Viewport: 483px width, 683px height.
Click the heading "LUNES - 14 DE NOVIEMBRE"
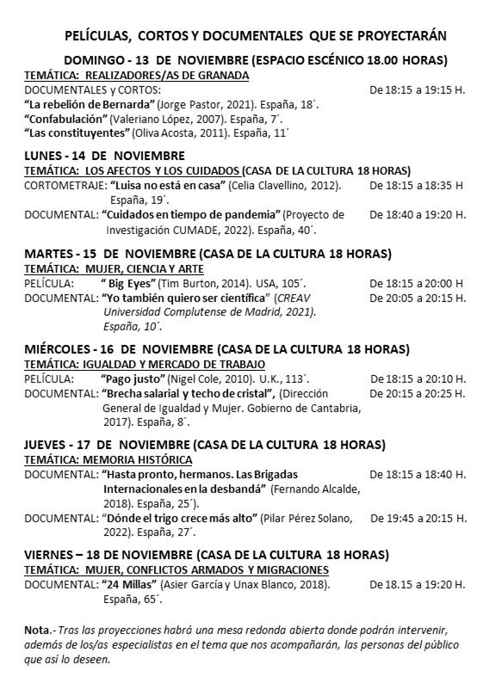(104, 156)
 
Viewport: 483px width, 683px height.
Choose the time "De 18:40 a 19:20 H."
(418, 214)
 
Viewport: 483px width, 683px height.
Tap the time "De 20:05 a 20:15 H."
(418, 298)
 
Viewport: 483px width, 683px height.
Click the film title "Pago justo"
(131, 378)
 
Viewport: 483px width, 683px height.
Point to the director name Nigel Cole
(198, 378)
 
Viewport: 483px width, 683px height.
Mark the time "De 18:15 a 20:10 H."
(418, 378)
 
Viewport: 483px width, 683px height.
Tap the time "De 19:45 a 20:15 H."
(418, 519)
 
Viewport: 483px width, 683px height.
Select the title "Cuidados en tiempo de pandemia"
(191, 214)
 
